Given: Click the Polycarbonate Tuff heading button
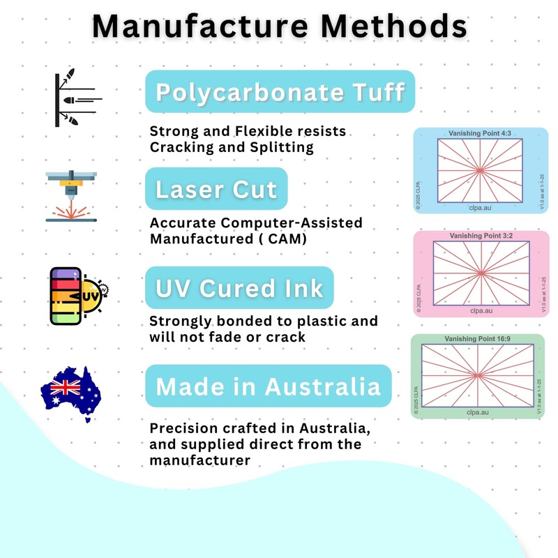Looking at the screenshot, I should point(280,92).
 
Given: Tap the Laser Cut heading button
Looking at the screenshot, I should point(216,189).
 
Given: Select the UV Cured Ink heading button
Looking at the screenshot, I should point(239,287).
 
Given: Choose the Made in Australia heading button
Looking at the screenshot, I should point(268,386).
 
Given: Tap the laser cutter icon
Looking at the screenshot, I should point(70,197).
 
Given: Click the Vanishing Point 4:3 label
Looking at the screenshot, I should point(480,133).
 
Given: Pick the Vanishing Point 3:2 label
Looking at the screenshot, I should point(480,236).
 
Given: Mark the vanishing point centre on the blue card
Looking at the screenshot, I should point(480,170).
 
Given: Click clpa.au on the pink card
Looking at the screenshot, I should point(480,310).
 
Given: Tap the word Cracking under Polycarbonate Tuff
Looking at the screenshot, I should point(181,147).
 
